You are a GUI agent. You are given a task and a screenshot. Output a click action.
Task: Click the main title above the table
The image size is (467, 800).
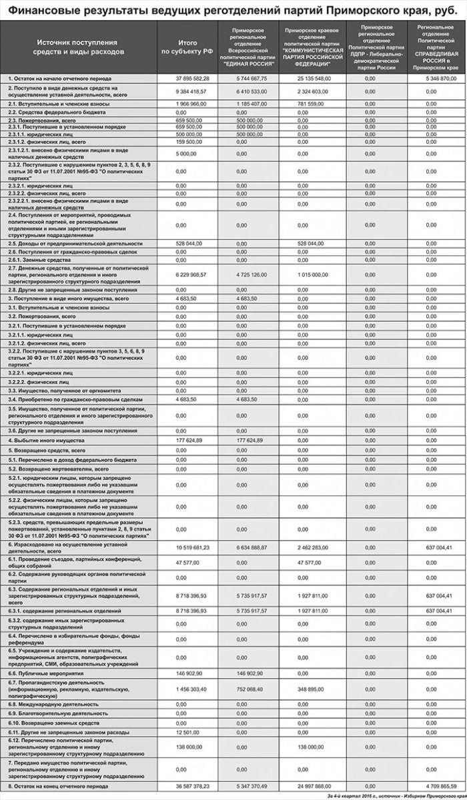233,10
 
